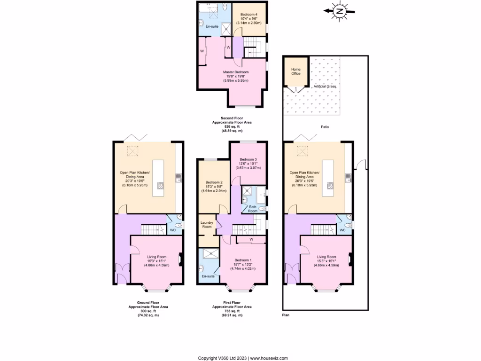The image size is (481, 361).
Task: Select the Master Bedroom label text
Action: (236, 72)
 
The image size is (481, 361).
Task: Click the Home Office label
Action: (296, 71)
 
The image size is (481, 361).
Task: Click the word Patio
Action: (324, 127)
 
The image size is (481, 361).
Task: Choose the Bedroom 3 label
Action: (249, 159)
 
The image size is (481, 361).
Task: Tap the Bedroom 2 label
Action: (214, 182)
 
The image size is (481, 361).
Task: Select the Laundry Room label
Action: (207, 225)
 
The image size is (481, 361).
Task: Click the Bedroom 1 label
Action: (243, 260)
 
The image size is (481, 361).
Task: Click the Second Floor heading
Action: (232, 118)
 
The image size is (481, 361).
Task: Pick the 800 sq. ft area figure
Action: (148, 311)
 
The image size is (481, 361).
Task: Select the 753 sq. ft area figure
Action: (232, 311)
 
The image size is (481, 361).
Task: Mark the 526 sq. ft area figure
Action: (232, 126)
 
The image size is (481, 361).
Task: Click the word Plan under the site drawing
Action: (286, 315)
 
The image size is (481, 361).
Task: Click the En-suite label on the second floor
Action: (211, 26)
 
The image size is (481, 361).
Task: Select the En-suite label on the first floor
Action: (208, 276)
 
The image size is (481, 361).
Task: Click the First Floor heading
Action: (232, 302)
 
